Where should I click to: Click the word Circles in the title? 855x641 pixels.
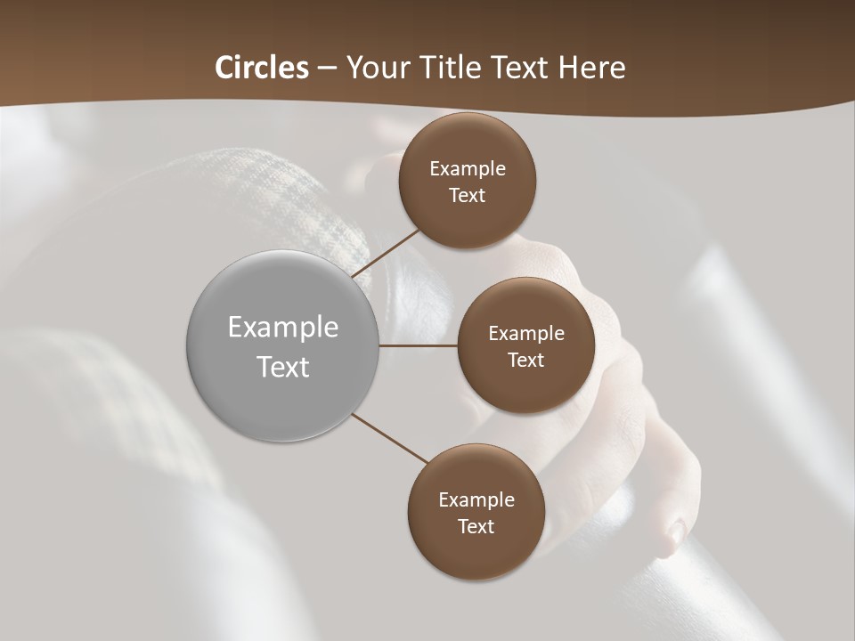[x=262, y=68]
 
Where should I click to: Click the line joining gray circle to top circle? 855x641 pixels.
[x=387, y=254]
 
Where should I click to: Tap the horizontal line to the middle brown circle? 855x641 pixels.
[x=418, y=345]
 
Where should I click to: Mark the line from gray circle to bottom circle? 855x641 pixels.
[x=390, y=439]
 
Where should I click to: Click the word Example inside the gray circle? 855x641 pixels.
[x=283, y=328]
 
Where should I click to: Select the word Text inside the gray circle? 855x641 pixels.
[x=283, y=367]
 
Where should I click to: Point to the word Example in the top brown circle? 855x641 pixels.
[x=468, y=169]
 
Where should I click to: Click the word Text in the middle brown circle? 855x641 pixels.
[x=525, y=361]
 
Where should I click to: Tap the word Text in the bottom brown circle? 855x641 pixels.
[x=476, y=527]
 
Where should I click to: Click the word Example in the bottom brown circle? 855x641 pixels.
[x=476, y=500]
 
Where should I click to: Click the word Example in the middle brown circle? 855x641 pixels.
[x=525, y=334]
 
